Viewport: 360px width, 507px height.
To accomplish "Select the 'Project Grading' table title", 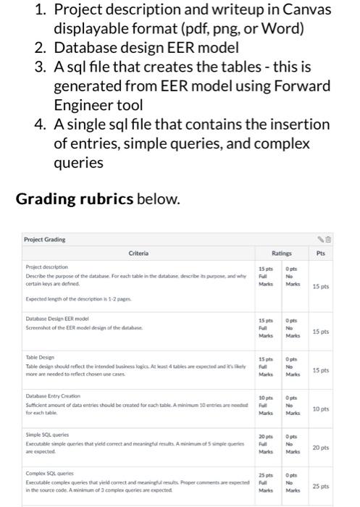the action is pos(44,239).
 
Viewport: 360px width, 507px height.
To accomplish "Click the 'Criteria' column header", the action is pos(138,253).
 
